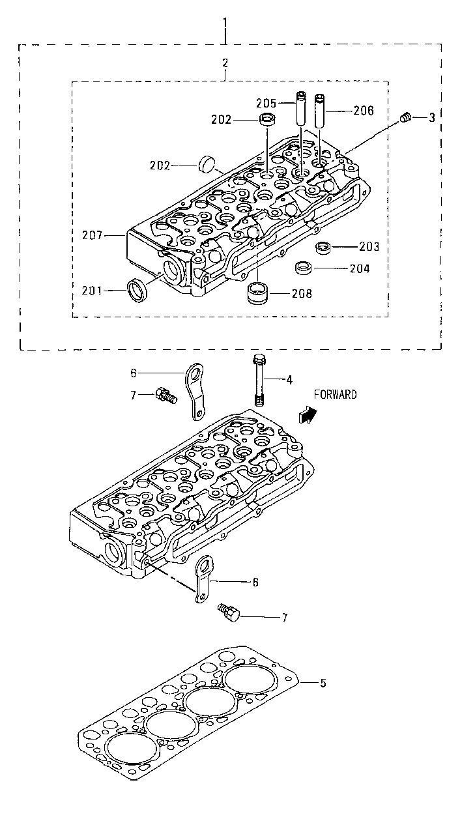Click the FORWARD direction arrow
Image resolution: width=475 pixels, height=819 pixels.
[307, 414]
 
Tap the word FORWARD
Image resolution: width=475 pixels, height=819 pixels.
[335, 394]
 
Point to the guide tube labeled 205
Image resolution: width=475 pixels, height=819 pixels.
[302, 108]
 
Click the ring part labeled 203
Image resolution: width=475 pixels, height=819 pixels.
[322, 248]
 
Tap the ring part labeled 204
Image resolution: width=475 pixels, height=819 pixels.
[303, 268]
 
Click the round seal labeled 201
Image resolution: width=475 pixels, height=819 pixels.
[137, 289]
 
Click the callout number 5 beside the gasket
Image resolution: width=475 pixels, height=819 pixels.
[323, 683]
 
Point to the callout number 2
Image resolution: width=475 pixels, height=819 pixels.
[225, 63]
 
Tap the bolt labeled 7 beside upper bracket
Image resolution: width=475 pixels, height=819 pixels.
[166, 395]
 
